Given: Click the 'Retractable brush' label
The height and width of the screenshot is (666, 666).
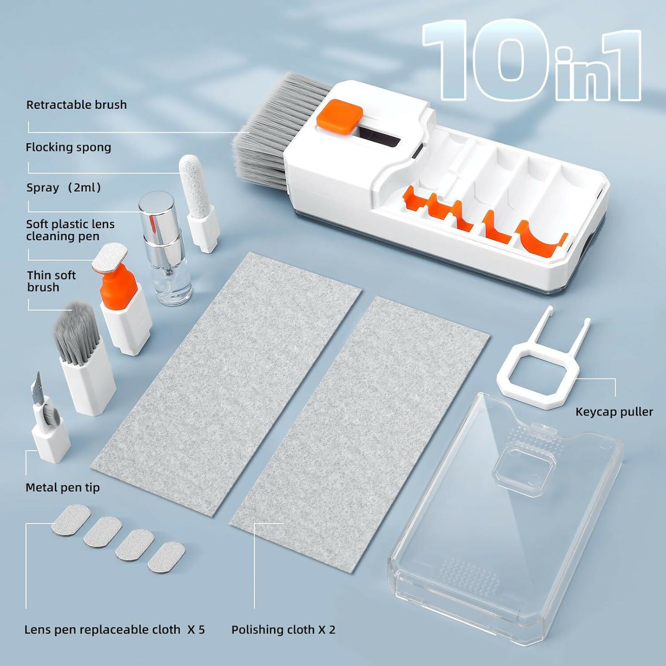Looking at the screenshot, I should pos(77,105).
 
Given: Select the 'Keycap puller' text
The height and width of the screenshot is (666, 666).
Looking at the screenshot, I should pos(614,412).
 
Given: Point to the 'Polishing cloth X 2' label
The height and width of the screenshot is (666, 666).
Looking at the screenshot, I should pos(283,630).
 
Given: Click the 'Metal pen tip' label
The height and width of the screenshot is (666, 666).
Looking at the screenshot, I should pos(63,487).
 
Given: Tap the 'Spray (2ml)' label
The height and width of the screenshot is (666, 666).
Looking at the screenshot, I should pos(64,188).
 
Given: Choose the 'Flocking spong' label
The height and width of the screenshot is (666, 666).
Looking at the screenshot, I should pos(68,147).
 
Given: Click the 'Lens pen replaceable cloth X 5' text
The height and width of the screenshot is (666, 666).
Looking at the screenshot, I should pos(114,630).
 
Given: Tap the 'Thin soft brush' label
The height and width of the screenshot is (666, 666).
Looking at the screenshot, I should pos(51,281).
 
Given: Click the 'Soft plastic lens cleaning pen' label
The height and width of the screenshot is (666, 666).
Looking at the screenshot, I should pos(70,230).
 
